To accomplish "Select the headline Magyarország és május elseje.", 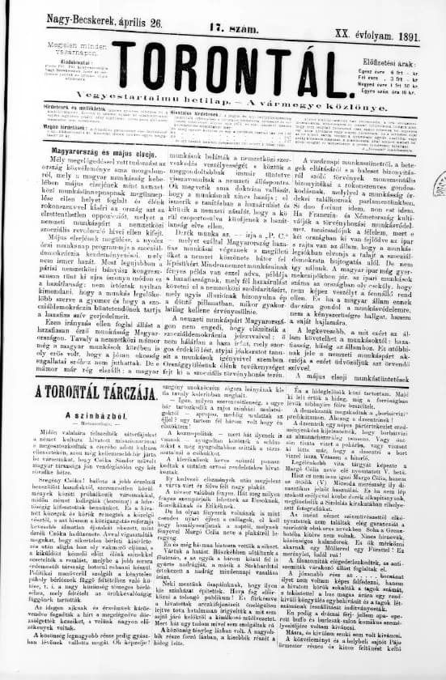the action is pyautogui.click(x=81, y=151).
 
